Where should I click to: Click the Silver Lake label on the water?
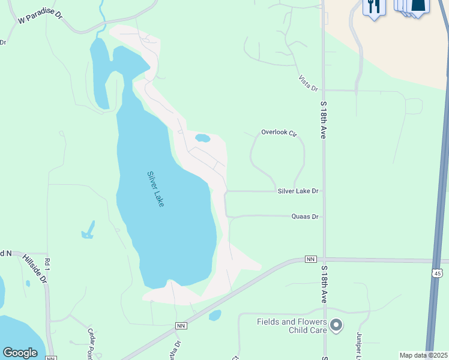155,190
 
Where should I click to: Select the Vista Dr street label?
309,83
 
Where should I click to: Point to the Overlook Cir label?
279,132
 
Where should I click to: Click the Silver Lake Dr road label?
298,191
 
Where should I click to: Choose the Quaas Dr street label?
305,216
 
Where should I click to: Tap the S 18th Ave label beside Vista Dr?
323,120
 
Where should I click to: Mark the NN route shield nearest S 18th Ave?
310,259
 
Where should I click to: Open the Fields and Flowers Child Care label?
292,326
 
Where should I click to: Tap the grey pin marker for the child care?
336,326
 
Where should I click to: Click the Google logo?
20,353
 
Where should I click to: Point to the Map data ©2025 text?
423,355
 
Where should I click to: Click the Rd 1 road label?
46,265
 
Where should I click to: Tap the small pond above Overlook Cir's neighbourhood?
203,138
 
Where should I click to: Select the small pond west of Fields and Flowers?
215,315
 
